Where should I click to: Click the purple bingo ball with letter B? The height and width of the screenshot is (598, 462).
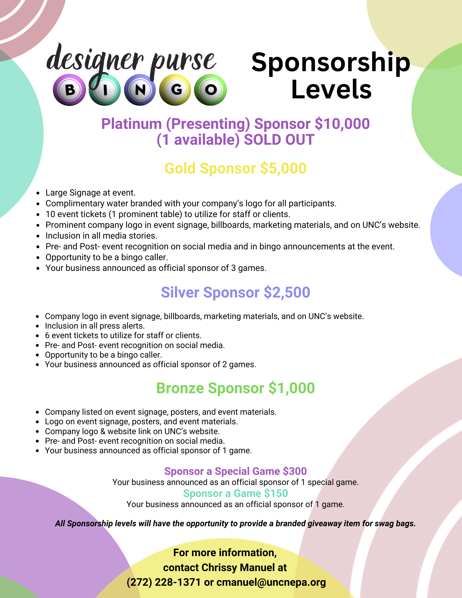point(69,90)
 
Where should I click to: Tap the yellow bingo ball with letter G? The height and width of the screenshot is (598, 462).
point(176,90)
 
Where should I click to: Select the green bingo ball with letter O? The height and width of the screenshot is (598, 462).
point(211,90)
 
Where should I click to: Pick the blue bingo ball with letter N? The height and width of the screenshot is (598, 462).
point(140,90)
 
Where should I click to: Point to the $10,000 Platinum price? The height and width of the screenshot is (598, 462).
point(342,124)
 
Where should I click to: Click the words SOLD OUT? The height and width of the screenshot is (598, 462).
point(279,140)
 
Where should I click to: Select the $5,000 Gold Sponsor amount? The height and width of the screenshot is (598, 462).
point(283,168)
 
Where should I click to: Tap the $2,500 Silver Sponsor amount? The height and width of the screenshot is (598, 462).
point(287,292)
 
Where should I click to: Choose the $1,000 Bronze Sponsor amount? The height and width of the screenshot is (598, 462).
point(292,388)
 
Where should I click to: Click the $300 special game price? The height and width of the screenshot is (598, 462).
point(295,471)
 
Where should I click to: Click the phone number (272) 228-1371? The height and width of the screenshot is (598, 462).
point(164,582)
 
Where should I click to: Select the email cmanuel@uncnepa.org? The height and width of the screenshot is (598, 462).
point(271,582)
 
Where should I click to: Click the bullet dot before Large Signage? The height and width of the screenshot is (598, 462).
point(38,193)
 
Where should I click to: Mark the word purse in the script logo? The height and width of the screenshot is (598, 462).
point(183,61)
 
